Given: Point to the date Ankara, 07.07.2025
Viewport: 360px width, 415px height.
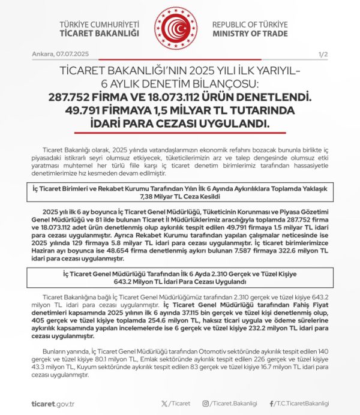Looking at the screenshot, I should pyautogui.click(x=56, y=55).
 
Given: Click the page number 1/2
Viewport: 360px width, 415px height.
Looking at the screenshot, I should pyautogui.click(x=324, y=55).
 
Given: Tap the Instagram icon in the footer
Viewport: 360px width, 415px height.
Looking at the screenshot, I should pyautogui.click(x=206, y=404).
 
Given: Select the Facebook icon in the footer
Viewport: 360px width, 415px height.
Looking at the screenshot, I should pyautogui.click(x=272, y=404).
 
